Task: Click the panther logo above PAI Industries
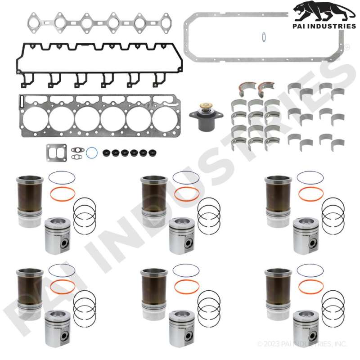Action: (324, 12)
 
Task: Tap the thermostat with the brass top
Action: (206, 117)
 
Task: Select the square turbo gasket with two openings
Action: (57, 153)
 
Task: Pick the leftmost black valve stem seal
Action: (107, 153)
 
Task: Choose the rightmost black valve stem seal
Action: (153, 153)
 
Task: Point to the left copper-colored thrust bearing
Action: (247, 88)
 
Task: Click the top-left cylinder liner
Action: (30, 201)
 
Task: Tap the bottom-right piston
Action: (306, 328)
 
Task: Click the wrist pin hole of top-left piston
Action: (65, 243)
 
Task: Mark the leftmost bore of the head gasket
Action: (36, 119)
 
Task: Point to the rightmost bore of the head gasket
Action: (165, 119)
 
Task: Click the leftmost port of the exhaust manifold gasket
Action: (34, 23)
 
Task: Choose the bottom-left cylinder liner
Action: (30, 294)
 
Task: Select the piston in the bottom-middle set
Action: (182, 328)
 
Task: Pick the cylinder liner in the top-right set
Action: (278, 201)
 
